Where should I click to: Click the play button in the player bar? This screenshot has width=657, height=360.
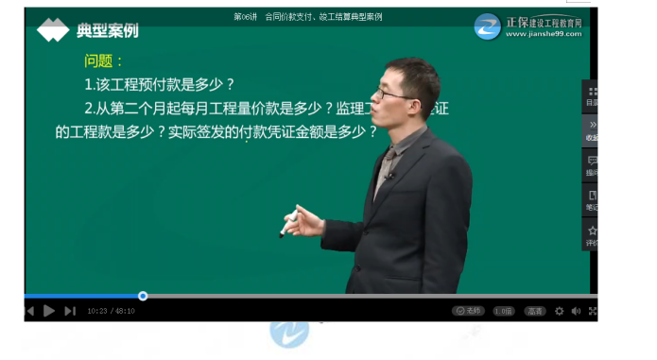click(49, 310)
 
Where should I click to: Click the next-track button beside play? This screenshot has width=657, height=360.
click(70, 310)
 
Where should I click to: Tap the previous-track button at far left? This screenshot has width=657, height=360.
click(29, 310)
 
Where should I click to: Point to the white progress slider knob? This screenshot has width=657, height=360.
click(143, 296)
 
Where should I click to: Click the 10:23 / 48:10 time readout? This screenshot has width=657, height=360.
click(111, 310)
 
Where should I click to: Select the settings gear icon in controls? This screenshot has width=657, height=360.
click(559, 310)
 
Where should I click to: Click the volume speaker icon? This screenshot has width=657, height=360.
click(576, 310)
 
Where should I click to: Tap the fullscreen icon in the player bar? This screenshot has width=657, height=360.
click(593, 310)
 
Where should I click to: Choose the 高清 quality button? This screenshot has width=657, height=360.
click(535, 310)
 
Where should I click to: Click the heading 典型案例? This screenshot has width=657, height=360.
click(107, 31)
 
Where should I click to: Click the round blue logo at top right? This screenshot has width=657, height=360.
click(488, 26)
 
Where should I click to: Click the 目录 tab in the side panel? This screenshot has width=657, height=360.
click(592, 95)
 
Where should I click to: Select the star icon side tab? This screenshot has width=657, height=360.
click(592, 233)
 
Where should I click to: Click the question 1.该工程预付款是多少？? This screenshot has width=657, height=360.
click(159, 84)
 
